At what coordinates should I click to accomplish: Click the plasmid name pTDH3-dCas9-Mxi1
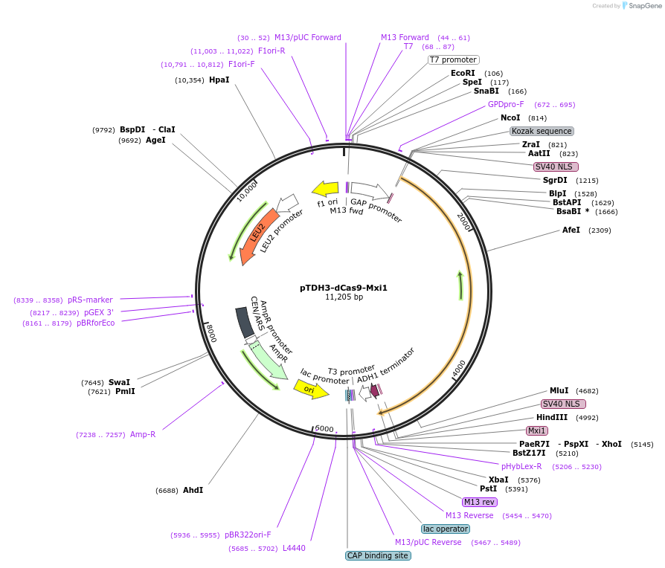[344, 287]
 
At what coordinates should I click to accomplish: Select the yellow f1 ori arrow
[325, 189]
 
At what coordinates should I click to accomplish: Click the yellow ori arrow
[310, 388]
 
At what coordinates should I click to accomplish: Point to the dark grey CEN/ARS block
[244, 322]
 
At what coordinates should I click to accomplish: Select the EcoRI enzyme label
[463, 73]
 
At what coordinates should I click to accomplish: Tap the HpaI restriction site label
[219, 80]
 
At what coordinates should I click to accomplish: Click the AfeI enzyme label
[571, 230]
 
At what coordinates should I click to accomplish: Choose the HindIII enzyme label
[552, 417]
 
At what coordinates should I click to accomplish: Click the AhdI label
[193, 490]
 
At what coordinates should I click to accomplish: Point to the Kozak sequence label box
[541, 131]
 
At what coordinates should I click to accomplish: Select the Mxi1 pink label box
[537, 430]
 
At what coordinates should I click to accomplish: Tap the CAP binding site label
[377, 555]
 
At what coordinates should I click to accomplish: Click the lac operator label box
[446, 529]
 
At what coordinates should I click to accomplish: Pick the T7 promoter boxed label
[453, 59]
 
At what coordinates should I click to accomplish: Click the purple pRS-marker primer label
[90, 300]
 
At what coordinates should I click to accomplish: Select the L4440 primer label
[294, 549]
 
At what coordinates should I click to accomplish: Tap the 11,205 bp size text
[344, 297]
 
